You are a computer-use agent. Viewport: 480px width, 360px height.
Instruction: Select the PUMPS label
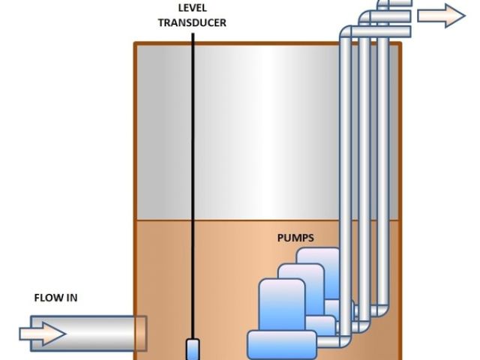pyautogui.click(x=295, y=238)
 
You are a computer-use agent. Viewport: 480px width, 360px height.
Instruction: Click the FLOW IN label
pyautogui.click(x=55, y=298)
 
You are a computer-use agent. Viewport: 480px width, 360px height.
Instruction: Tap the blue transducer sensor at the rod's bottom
pyautogui.click(x=193, y=349)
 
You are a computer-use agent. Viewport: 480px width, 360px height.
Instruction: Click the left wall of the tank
pyautogui.click(x=135, y=187)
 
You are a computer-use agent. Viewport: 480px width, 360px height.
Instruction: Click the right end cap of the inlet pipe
pyautogui.click(x=140, y=333)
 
